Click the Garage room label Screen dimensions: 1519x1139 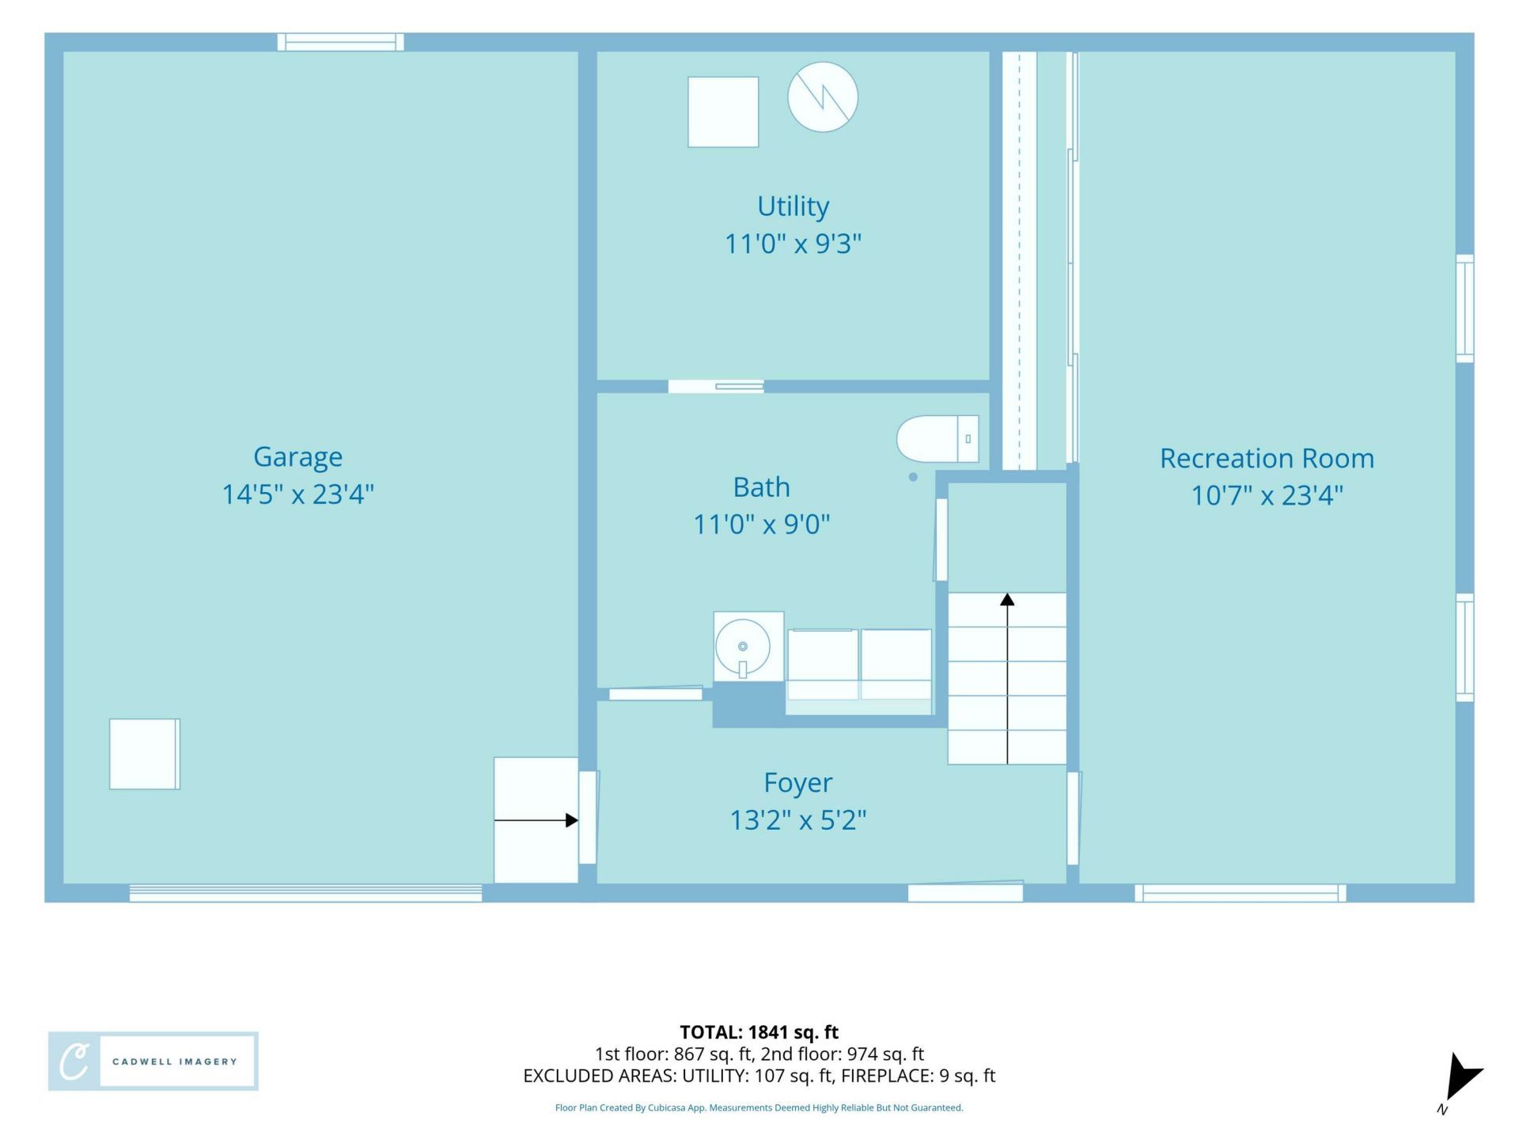297,457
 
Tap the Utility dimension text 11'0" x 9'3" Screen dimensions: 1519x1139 793,244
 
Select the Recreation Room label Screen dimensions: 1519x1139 1267,459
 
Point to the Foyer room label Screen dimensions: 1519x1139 797,783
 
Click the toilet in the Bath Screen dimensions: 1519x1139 938,438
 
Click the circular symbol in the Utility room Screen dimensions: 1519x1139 823,97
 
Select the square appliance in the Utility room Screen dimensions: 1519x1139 723,112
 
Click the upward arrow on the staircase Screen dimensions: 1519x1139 1007,679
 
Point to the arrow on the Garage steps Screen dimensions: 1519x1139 536,820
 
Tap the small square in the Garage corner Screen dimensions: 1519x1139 145,754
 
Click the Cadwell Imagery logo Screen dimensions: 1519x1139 153,1061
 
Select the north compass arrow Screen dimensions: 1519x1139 1461,1080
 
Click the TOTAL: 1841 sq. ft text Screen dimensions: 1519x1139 759,1032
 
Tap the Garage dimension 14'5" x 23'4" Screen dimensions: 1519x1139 297,494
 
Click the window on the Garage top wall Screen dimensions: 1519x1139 340,42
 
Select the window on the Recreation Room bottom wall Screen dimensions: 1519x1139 1240,893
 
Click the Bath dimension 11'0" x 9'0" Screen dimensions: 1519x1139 761,524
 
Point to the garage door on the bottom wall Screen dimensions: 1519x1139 305,893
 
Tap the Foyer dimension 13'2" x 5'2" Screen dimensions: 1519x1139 797,820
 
